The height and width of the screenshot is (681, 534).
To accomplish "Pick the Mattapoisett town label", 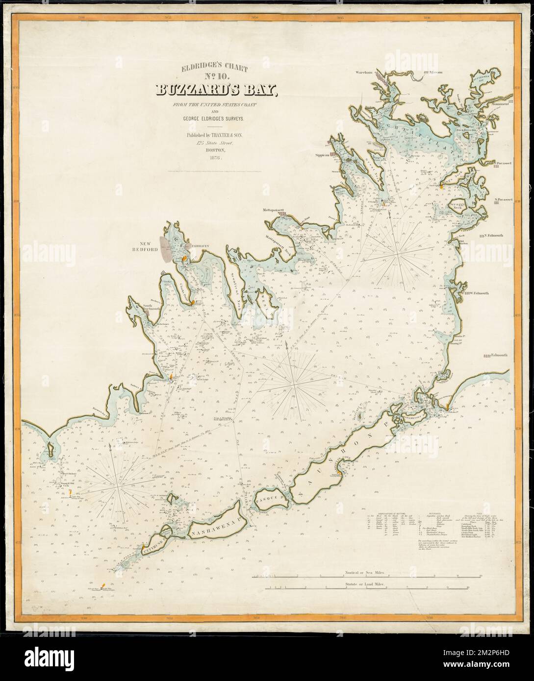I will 278,211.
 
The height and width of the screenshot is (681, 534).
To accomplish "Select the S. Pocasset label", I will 504,199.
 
